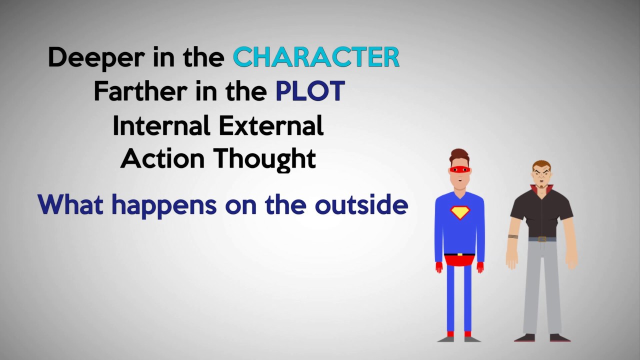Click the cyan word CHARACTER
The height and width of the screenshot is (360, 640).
click(x=316, y=57)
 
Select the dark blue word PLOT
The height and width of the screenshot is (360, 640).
click(x=310, y=91)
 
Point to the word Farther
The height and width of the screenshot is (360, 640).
click(x=130, y=91)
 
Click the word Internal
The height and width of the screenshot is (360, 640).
click(x=159, y=125)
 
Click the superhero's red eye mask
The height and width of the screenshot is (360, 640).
click(x=459, y=170)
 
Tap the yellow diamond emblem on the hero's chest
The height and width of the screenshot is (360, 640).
click(x=459, y=212)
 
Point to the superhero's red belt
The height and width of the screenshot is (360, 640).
click(x=459, y=259)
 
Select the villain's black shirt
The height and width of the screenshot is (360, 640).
click(x=541, y=212)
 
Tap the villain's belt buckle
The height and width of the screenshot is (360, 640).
click(x=541, y=239)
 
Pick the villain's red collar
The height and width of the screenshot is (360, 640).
click(x=541, y=190)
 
